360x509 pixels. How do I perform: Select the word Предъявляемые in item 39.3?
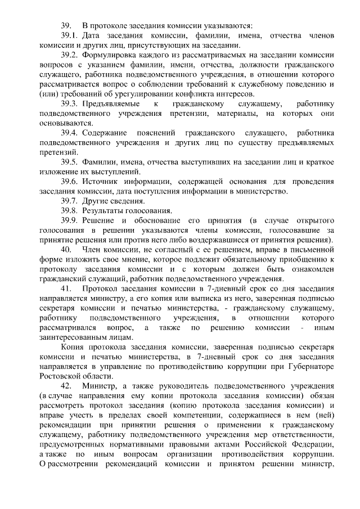pos(109,103)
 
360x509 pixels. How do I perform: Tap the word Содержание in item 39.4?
pos(105,132)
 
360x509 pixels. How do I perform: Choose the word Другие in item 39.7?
pos(94,201)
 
